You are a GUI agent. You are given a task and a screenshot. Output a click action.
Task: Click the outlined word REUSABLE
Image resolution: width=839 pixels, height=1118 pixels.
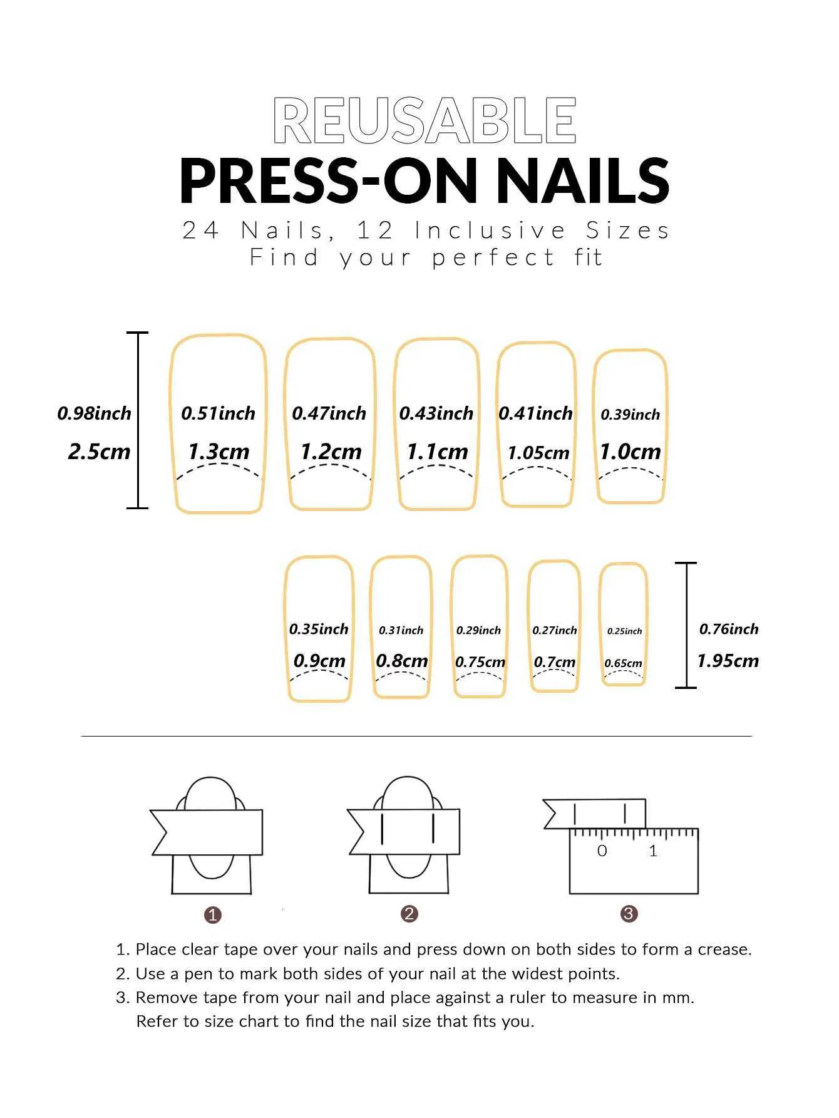(425, 120)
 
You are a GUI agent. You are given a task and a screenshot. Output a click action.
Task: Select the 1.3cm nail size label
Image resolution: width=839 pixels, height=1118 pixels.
(219, 451)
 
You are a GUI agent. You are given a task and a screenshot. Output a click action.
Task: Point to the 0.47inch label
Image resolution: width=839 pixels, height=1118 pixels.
(329, 413)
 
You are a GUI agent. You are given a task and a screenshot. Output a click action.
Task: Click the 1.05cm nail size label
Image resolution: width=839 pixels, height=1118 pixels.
(538, 452)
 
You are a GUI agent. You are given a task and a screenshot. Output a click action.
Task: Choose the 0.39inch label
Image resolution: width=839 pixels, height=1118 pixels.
(630, 415)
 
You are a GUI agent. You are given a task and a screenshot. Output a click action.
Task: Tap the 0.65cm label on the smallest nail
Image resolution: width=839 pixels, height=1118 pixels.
(623, 663)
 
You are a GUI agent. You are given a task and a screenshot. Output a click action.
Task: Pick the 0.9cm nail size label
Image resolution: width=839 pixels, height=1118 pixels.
(319, 660)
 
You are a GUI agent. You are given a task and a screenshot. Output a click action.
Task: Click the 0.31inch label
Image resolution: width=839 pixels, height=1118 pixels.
(401, 630)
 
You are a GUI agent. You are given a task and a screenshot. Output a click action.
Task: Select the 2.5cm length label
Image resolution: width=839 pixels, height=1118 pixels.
(99, 451)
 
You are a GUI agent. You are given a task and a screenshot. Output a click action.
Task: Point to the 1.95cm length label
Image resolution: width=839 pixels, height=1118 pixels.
(728, 660)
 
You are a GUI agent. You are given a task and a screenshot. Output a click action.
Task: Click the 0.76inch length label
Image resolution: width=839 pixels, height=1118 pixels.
(729, 629)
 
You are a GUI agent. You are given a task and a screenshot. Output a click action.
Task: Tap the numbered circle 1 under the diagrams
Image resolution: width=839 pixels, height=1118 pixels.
(213, 915)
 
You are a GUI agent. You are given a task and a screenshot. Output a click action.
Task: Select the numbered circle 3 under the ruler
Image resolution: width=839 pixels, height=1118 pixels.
(629, 914)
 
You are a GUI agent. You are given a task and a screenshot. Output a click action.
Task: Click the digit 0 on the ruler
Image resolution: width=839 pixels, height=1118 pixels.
(602, 851)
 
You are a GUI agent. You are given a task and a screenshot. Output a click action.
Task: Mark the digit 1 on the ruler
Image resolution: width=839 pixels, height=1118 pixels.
(653, 851)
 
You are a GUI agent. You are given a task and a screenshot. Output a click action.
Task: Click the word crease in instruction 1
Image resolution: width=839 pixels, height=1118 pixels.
(724, 950)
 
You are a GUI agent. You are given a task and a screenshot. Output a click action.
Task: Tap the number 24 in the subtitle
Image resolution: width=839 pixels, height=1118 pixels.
(200, 230)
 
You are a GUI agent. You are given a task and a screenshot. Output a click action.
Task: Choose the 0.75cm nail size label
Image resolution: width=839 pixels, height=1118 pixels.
(480, 661)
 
